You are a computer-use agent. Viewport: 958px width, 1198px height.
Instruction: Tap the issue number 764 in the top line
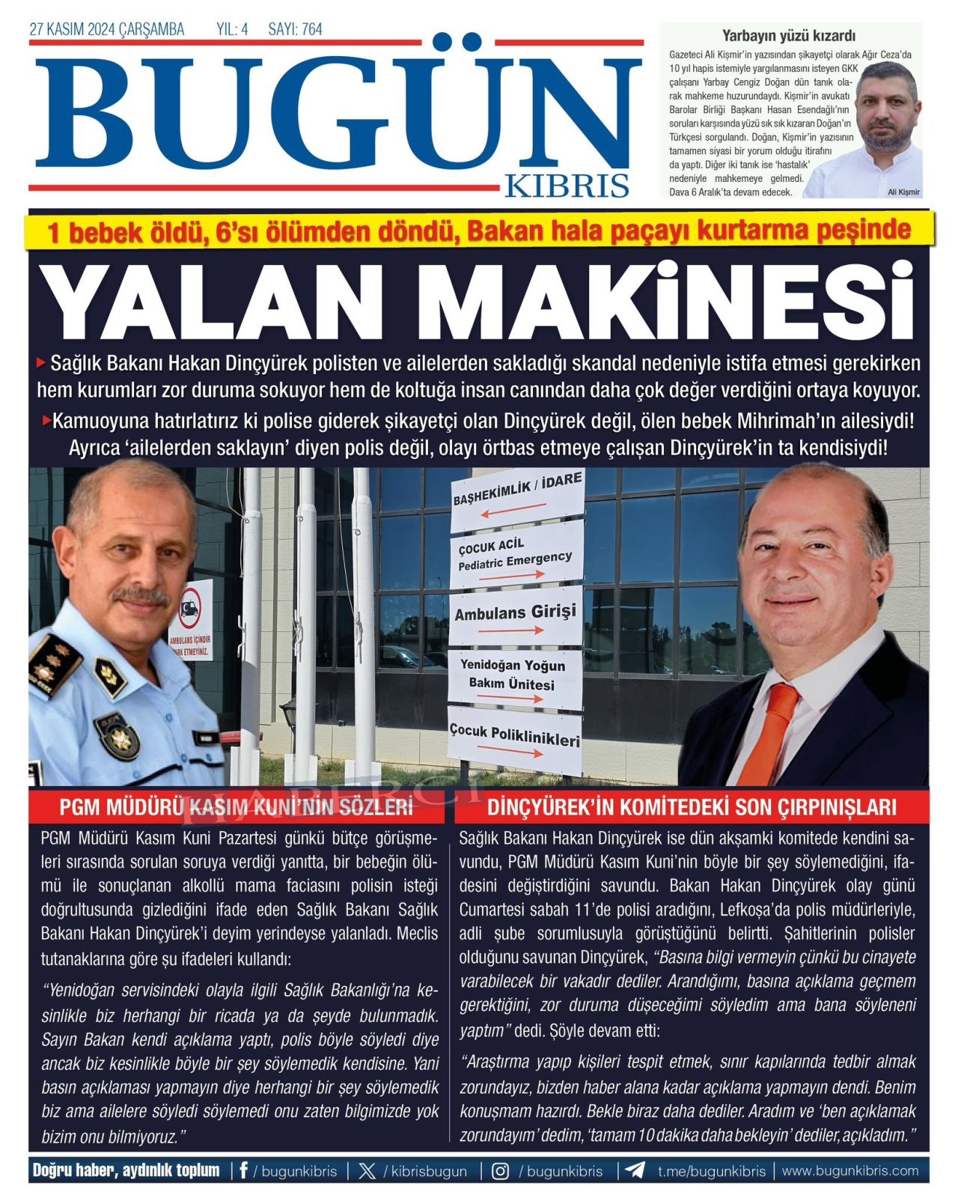click(311, 30)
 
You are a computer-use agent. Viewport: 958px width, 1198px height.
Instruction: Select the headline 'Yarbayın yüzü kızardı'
click(788, 35)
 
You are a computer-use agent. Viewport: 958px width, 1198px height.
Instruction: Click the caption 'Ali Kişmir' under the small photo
click(903, 192)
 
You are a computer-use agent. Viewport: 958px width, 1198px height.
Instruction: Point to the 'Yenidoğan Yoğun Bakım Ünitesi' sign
click(516, 678)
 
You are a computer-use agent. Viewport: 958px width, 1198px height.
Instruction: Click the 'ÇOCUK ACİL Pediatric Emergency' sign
click(516, 557)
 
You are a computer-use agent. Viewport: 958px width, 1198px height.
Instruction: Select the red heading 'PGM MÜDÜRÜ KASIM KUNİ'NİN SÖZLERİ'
click(237, 807)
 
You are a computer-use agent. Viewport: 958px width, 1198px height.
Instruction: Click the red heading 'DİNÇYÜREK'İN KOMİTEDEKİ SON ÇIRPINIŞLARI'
click(692, 807)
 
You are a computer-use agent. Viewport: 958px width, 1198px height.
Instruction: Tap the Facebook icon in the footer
click(243, 1171)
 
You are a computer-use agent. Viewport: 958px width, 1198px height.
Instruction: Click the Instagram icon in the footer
click(501, 1171)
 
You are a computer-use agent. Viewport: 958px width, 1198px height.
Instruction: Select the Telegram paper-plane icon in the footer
click(635, 1171)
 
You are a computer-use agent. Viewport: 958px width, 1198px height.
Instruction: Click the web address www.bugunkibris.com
click(850, 1171)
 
